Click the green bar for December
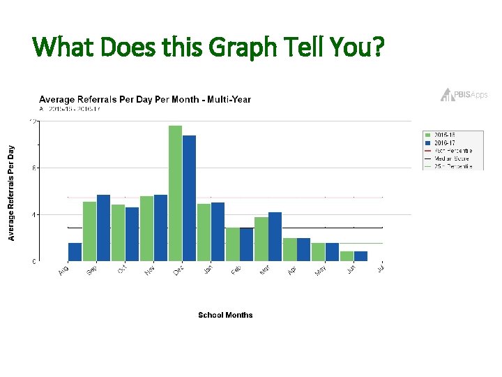point(175,193)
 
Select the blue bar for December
point(189,198)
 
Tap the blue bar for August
point(75,252)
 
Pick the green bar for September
point(89,231)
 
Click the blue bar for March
point(275,237)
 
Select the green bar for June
point(347,256)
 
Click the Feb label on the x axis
point(236,269)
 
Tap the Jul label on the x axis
point(379,267)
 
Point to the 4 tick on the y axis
point(35,214)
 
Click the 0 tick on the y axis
point(35,261)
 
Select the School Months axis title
point(225,316)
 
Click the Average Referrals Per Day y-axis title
point(11,193)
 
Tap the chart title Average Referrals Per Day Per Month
point(144,99)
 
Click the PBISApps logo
point(464,95)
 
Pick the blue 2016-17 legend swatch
point(428,142)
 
